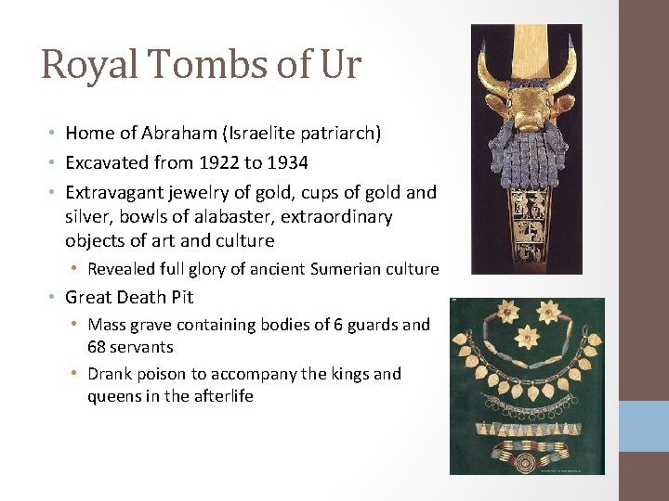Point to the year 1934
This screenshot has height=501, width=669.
[x=287, y=162]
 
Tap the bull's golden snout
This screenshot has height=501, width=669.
[x=525, y=118]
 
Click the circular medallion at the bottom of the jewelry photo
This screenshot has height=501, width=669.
[x=528, y=461]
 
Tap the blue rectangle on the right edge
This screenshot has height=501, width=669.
[x=644, y=426]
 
